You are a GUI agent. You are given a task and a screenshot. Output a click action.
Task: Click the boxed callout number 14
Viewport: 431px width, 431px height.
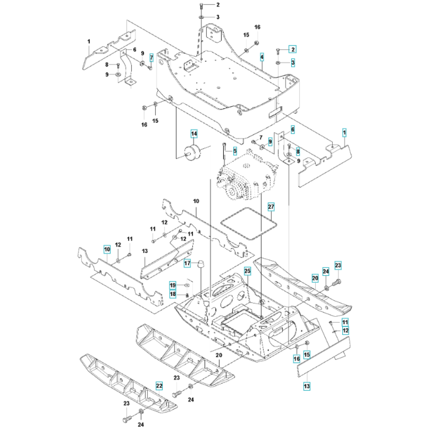point(194,134)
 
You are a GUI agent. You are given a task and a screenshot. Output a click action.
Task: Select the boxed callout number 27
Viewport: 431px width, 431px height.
point(271,207)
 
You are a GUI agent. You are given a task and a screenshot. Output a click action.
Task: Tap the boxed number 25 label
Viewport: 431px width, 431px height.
point(247,271)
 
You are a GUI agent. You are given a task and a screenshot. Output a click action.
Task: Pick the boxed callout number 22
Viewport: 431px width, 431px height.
point(159,386)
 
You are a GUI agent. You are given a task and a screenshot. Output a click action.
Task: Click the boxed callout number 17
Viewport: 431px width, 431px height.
point(187,263)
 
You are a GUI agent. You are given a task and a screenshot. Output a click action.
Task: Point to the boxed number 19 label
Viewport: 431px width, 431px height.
point(173,285)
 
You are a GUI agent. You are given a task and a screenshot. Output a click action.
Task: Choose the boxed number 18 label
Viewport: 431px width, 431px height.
point(173,294)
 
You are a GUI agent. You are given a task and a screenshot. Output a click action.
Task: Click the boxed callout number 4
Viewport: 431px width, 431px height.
point(262,57)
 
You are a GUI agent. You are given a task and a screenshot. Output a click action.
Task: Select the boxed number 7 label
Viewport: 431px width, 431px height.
point(151,58)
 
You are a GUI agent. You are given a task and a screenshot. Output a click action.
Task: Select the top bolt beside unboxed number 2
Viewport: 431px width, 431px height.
point(201,5)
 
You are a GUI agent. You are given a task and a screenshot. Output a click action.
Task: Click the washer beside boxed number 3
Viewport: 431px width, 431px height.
point(278,63)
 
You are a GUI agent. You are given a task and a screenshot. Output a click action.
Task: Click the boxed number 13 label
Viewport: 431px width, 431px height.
point(307,386)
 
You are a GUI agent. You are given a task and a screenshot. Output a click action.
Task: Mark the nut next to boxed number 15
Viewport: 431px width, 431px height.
point(307,343)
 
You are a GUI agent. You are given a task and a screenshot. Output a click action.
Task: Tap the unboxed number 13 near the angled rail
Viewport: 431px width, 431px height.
point(145,251)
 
